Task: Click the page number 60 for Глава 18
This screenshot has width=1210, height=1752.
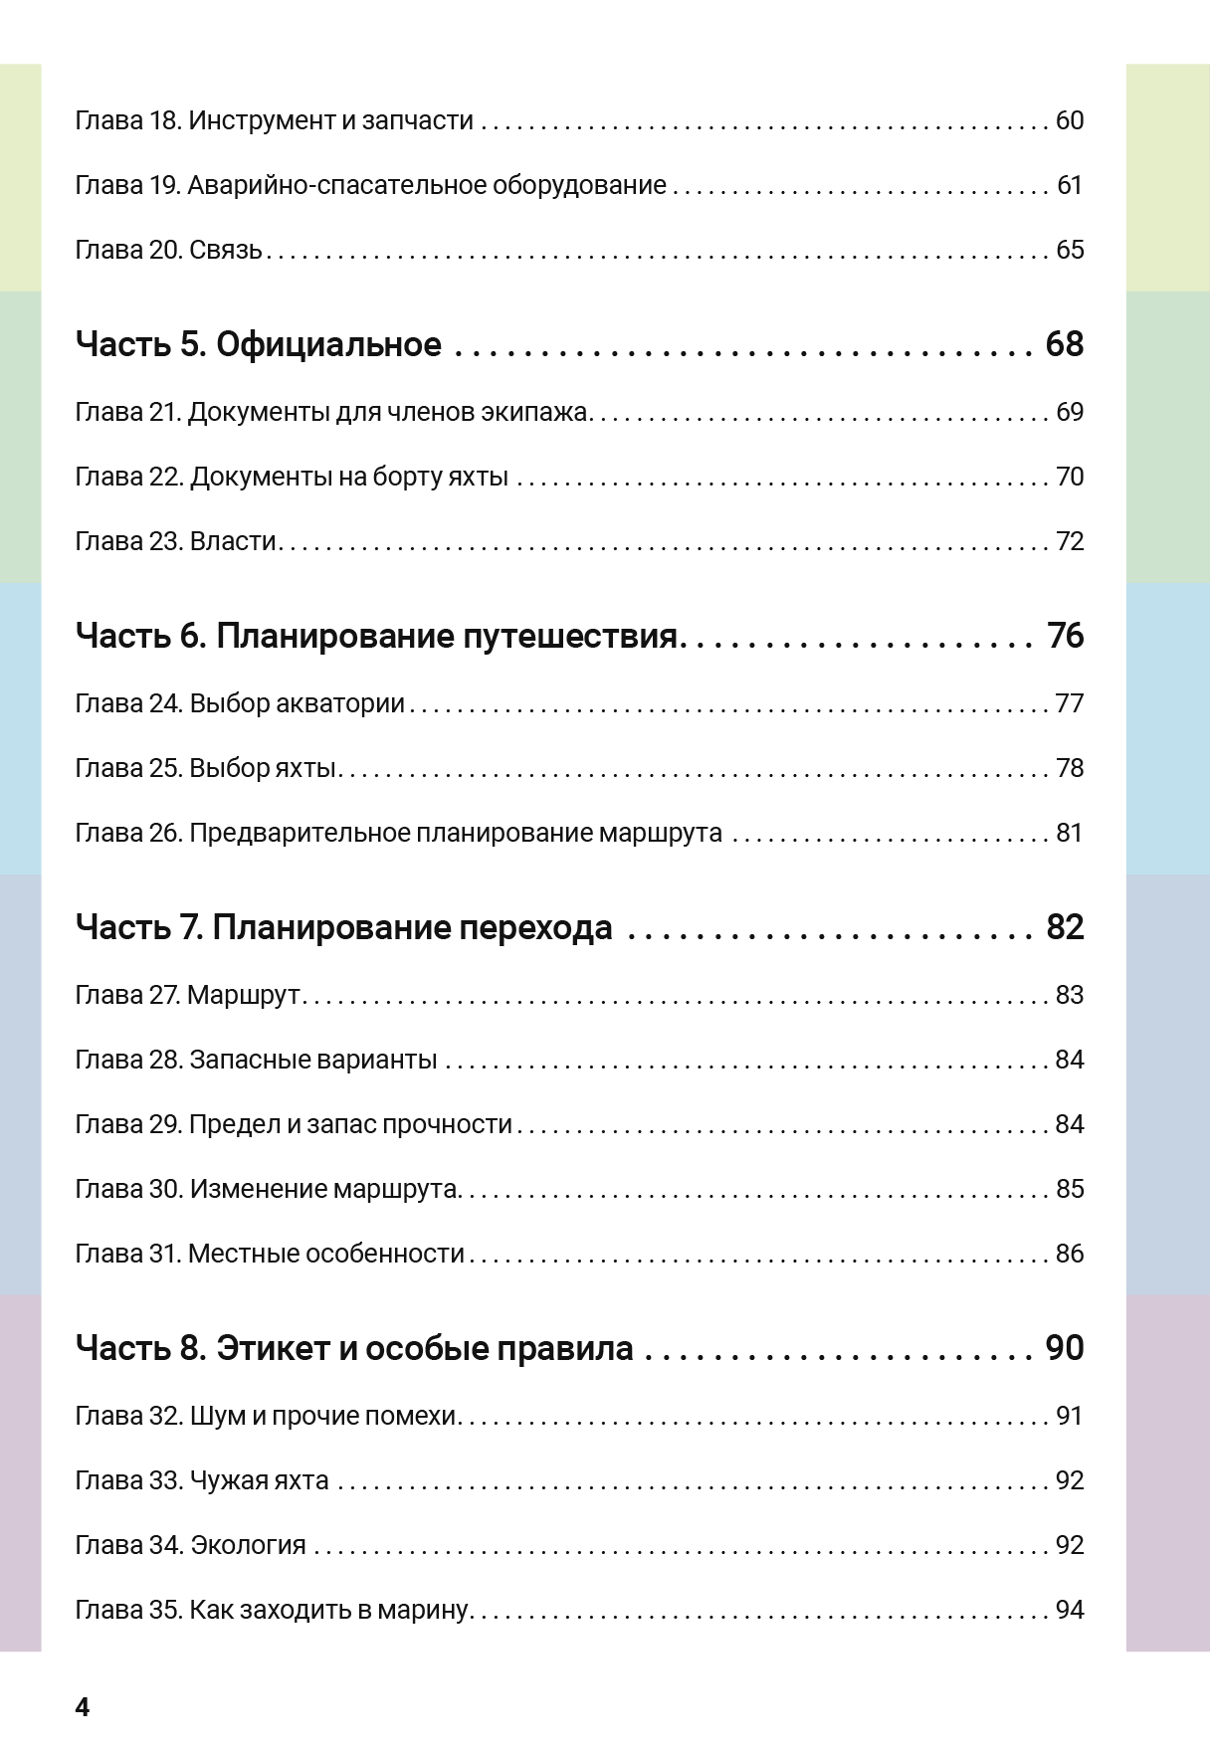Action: pos(1069,121)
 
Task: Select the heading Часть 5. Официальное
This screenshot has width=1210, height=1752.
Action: pos(258,344)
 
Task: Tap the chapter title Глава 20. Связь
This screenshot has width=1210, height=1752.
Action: pos(168,250)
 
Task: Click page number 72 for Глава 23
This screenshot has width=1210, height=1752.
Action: pos(1069,542)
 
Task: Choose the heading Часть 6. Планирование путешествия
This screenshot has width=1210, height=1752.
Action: pos(377,636)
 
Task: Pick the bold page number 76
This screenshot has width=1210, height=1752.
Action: pos(1065,636)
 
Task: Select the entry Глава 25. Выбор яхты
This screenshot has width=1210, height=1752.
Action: pos(206,769)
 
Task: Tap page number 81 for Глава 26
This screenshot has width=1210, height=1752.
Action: pos(1069,834)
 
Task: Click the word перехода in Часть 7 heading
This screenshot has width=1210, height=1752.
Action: pos(536,928)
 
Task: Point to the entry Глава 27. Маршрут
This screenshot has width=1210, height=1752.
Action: pos(188,996)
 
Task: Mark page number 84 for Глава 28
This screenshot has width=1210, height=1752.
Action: pos(1069,1061)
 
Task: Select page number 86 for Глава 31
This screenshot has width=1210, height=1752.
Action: pos(1069,1255)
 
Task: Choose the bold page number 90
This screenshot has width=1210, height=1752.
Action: pos(1064,1349)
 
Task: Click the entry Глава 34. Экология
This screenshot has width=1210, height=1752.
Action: pos(190,1546)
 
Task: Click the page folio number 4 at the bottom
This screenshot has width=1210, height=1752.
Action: pos(82,1708)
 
